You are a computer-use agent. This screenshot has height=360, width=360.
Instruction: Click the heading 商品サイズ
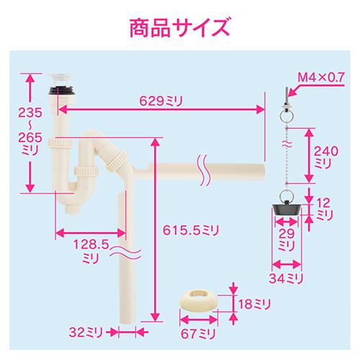point(180,28)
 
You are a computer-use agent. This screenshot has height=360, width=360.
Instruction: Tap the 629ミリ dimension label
point(161,101)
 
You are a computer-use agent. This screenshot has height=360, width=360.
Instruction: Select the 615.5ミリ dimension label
point(191,230)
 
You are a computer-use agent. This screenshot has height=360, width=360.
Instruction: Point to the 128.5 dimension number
point(91,245)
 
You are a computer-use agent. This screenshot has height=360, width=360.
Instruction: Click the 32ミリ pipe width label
point(86,333)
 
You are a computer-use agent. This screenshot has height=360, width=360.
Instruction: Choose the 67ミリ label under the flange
point(198,333)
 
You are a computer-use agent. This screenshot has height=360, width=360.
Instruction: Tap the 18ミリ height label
point(254,304)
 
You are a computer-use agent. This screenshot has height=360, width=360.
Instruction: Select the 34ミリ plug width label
point(286,279)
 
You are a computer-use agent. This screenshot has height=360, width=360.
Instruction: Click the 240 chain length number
point(326,151)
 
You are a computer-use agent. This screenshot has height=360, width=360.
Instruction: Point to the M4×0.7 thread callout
point(321,77)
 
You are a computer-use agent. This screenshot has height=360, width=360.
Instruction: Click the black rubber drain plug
point(287,208)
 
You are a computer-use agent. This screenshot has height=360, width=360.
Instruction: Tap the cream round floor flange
point(198,301)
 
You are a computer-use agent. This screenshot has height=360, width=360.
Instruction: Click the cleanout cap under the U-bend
point(72,210)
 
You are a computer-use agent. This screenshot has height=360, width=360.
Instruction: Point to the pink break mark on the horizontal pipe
point(204,171)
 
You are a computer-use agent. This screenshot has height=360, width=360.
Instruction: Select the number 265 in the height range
point(30,138)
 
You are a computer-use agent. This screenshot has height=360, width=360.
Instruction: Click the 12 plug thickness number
point(323,203)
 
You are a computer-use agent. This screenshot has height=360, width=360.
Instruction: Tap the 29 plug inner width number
point(287,233)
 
